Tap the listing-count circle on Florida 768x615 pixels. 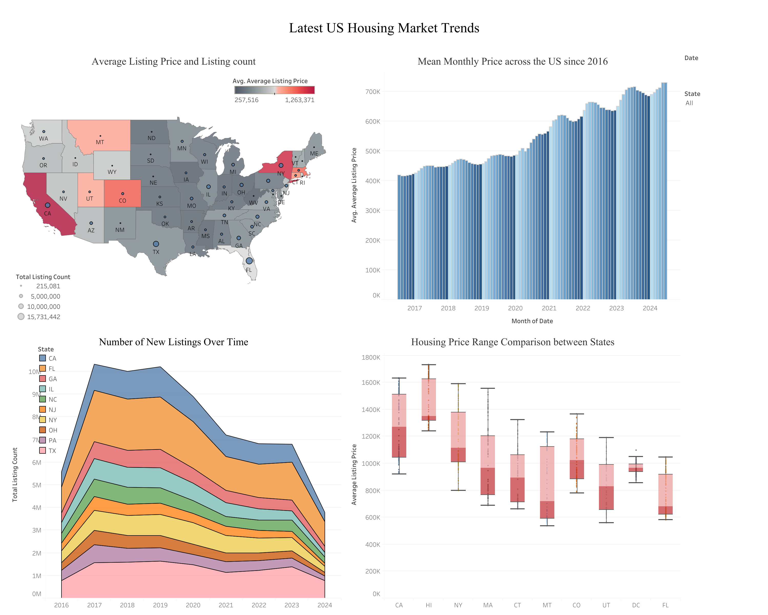point(249,261)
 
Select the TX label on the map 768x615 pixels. point(156,252)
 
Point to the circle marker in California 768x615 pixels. point(47,205)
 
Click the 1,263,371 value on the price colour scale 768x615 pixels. point(299,100)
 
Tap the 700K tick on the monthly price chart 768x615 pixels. point(373,92)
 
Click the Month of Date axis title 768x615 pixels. point(532,321)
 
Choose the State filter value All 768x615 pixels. point(689,103)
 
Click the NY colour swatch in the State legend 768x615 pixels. point(42,420)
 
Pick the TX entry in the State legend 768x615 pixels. point(52,451)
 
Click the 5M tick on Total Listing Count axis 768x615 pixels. point(36,485)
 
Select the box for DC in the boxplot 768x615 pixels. point(636,468)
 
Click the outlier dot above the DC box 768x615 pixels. point(636,450)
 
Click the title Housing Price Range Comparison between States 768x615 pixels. point(512,342)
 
